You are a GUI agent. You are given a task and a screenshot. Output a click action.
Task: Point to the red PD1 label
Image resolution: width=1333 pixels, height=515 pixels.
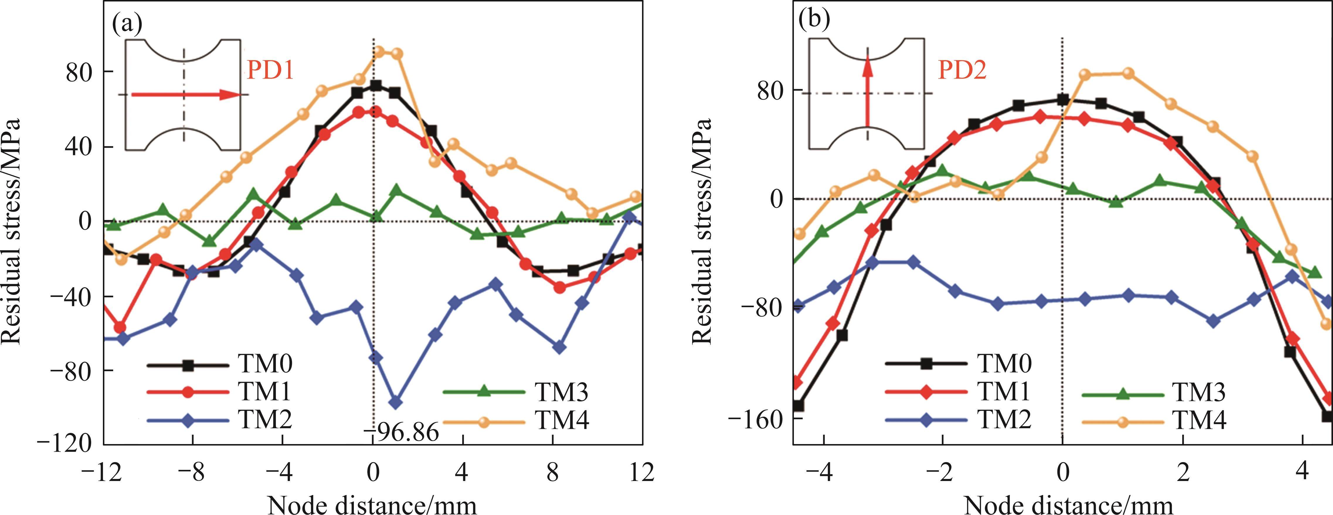[x=270, y=70]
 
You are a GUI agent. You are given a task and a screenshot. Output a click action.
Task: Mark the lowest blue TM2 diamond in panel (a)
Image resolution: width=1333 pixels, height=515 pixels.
[x=396, y=402]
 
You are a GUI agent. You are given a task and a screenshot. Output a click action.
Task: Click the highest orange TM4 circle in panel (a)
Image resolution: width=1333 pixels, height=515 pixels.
[x=379, y=52]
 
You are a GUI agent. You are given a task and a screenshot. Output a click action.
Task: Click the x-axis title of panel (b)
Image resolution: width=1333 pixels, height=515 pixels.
[x=1069, y=505]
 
